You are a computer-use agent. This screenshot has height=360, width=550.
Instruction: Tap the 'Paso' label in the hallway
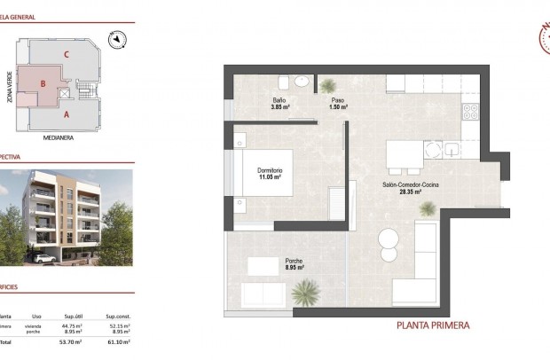point(338,100)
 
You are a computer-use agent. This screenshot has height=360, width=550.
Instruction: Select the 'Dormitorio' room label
point(270,170)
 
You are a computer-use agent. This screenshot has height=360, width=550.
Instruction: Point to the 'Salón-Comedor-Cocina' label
point(409,184)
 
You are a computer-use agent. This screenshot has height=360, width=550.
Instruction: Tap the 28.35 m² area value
point(410,192)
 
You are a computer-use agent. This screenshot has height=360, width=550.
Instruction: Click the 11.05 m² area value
point(271,177)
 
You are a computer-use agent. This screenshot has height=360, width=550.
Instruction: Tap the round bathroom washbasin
point(302,82)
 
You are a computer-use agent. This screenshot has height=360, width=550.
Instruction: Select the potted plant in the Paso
point(329,84)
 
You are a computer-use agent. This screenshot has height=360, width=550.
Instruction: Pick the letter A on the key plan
point(67,114)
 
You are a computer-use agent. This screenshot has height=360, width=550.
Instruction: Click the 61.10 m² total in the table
point(118,340)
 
